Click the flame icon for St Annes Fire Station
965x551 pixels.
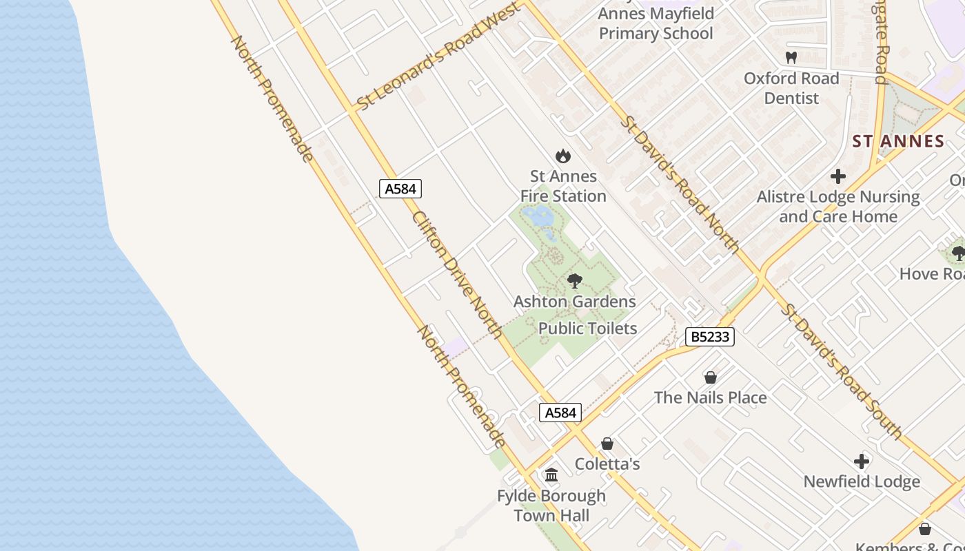tap(563, 156)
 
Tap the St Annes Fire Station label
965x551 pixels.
tap(563, 187)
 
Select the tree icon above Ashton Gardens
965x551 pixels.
tap(574, 281)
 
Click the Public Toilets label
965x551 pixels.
tap(587, 329)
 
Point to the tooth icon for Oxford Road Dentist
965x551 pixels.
tap(791, 58)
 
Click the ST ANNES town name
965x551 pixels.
tap(898, 142)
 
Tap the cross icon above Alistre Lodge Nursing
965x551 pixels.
tap(838, 177)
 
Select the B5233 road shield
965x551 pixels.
tap(710, 337)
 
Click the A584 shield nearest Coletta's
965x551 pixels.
tap(560, 413)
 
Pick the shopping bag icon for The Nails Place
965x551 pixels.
tap(711, 377)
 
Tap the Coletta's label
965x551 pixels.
tap(607, 464)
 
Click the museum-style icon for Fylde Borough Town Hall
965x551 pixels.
tap(551, 475)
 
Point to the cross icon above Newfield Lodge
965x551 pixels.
tap(862, 461)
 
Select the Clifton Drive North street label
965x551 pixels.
tap(457, 274)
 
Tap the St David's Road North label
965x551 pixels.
tap(679, 184)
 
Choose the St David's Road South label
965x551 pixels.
tap(841, 370)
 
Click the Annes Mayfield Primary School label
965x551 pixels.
tap(656, 23)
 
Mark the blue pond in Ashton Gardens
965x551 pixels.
tap(539, 217)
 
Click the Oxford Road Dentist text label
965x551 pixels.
tap(791, 88)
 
